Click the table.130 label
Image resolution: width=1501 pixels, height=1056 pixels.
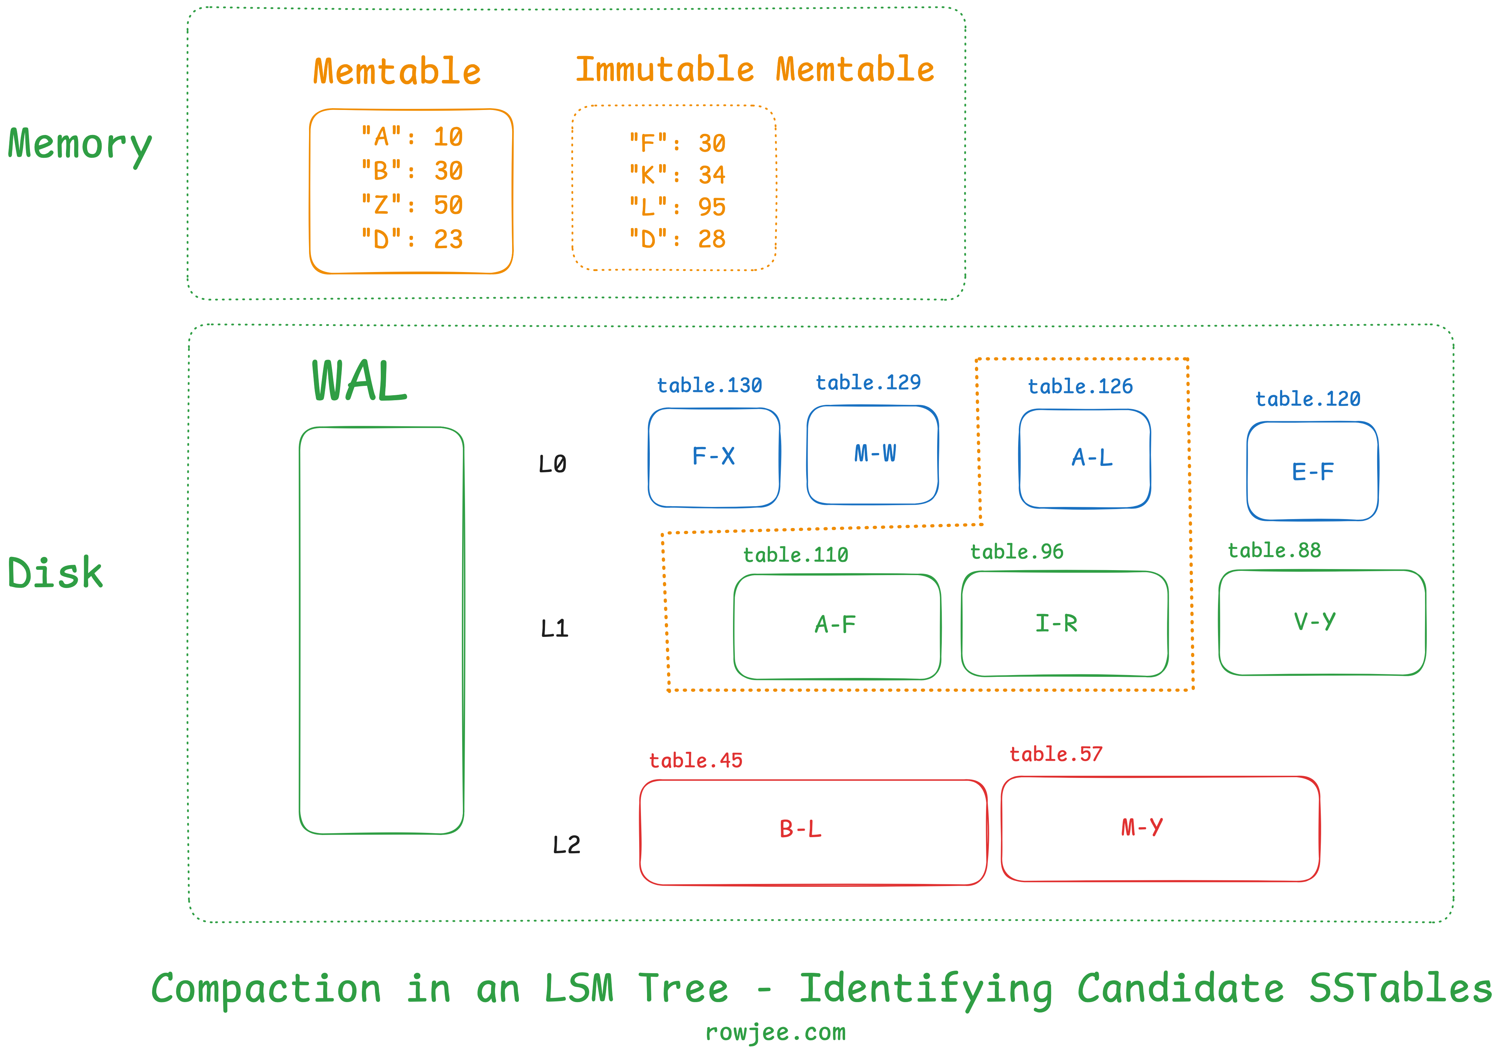pos(709,385)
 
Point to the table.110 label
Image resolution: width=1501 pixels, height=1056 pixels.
pos(795,555)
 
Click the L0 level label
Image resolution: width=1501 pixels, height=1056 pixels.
pos(552,464)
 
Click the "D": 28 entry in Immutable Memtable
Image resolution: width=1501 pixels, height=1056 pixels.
pos(677,239)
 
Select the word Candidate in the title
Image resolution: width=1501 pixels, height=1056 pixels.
pos(1180,988)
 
